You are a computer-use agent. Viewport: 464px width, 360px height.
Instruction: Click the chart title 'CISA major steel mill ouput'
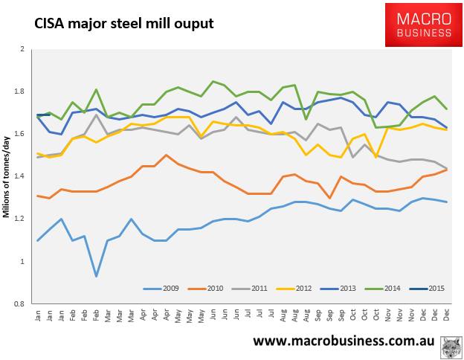pos(124,24)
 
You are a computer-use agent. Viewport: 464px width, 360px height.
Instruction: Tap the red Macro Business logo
pos(422,25)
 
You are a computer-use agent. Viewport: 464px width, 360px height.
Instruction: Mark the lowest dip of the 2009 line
pos(96,277)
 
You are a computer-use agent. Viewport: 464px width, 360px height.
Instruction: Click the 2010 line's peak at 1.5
pos(165,155)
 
